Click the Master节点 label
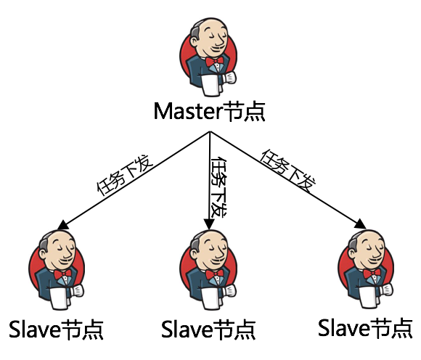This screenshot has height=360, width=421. click(x=210, y=112)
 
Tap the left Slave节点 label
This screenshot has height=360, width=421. click(x=56, y=330)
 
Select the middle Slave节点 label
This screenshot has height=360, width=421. click(x=208, y=329)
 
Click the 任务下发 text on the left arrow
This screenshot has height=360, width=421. click(x=125, y=175)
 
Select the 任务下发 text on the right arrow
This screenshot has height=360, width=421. click(x=288, y=170)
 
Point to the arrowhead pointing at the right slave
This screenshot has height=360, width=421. click(x=360, y=224)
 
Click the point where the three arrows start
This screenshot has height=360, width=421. click(x=210, y=131)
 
